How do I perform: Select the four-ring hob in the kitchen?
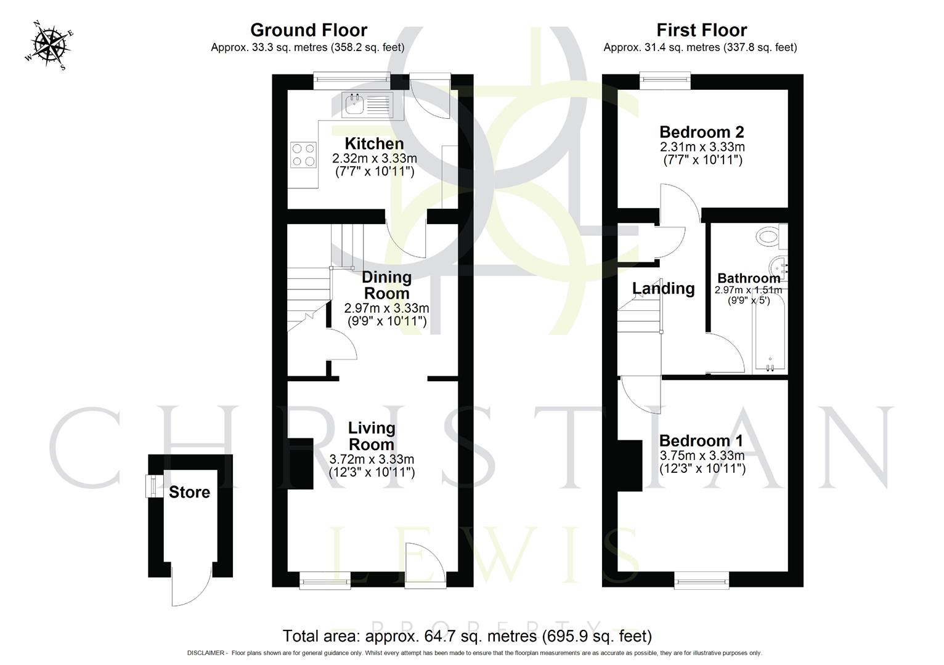303,154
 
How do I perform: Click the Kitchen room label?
374,143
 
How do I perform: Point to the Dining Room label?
386,285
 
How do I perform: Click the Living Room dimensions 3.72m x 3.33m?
372,459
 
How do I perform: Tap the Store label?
189,492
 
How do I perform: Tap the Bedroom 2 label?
701,132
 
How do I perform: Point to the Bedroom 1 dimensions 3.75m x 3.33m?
702,456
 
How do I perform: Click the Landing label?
663,288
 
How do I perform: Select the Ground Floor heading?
308,30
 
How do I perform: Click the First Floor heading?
701,30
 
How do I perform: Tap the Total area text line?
466,635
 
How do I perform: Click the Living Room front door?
425,563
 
